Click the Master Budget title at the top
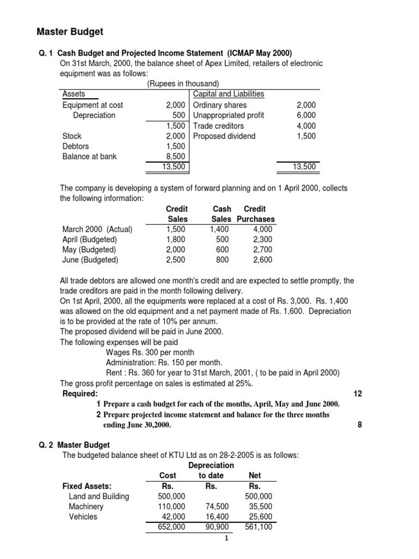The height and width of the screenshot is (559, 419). click(70, 32)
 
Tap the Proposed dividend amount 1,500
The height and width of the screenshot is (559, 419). click(306, 136)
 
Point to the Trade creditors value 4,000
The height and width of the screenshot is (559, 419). click(306, 126)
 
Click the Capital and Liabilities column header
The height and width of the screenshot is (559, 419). click(229, 94)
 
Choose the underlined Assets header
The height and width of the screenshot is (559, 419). click(74, 94)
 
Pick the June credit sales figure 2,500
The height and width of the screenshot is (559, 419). click(177, 260)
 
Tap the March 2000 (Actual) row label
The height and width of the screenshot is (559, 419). click(97, 229)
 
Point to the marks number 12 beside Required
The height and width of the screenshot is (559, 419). click(358, 394)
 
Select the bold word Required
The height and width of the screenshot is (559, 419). click(80, 394)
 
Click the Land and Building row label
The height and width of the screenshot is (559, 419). click(99, 496)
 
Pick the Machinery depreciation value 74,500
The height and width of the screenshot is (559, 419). click(217, 507)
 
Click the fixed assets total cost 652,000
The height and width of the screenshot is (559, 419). click(171, 527)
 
